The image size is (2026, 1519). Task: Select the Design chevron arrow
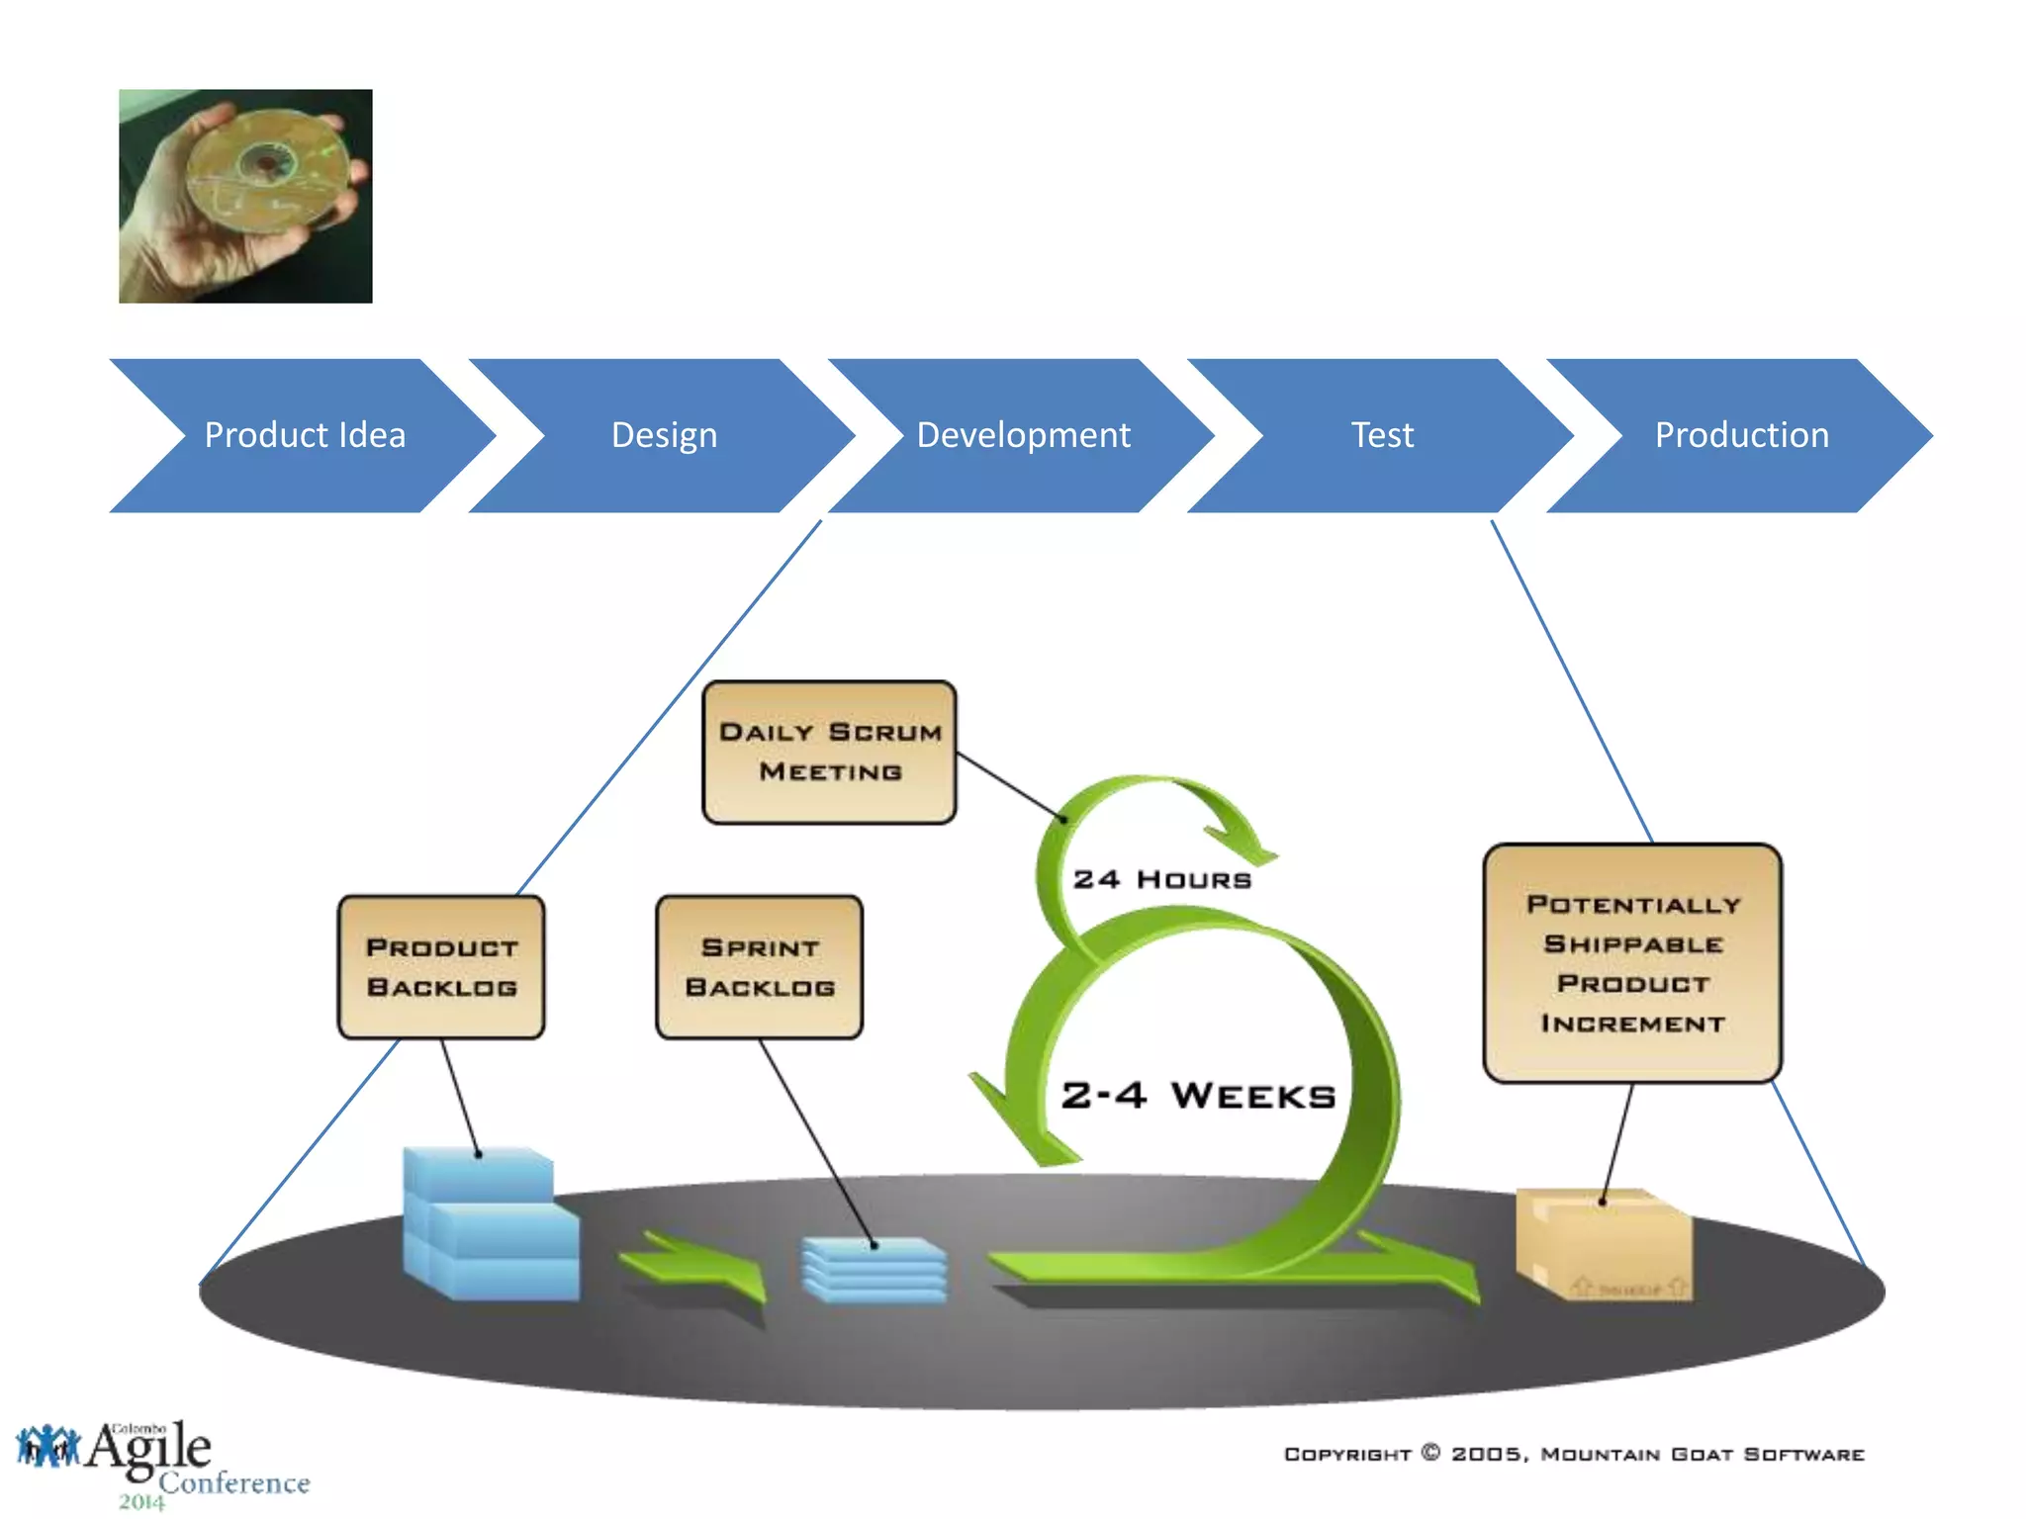pos(664,435)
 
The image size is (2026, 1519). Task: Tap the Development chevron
pos(1023,435)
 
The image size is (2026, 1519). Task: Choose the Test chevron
pos(1382,435)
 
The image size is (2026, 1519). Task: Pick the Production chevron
pos(1741,435)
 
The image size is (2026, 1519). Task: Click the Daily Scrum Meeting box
pos(829,752)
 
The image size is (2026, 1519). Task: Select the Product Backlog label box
pos(441,967)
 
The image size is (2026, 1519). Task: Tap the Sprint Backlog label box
pos(760,967)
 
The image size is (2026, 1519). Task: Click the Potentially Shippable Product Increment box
pos(1632,963)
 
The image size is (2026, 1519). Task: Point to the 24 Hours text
pos(1161,879)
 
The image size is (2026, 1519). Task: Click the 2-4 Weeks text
pos(1198,1096)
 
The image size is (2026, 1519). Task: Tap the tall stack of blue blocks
pos(489,1226)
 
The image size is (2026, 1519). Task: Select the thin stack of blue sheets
pos(875,1270)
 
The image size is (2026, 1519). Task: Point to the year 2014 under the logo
pos(141,1502)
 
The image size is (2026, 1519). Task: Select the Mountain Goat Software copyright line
pos(1573,1454)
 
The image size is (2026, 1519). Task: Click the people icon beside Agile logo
pos(46,1447)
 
